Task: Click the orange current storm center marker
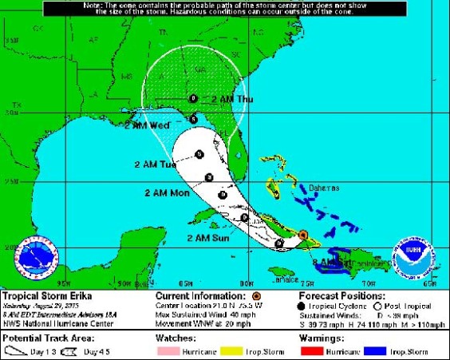(302, 235)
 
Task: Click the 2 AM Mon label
(167, 193)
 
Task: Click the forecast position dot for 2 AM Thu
(194, 98)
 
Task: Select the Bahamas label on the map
(324, 188)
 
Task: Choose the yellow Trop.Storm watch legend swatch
(231, 351)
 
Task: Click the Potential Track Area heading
(39, 338)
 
